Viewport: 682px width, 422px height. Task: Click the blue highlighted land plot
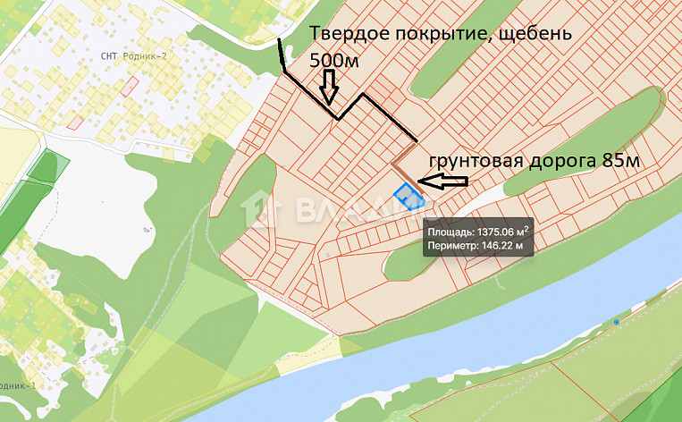(x=408, y=196)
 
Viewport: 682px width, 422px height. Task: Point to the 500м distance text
(x=333, y=62)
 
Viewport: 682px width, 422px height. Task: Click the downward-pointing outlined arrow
(x=328, y=86)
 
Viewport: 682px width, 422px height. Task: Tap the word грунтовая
(x=475, y=161)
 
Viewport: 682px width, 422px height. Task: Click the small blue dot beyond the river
(x=617, y=321)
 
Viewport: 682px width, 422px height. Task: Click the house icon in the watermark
(x=261, y=211)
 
